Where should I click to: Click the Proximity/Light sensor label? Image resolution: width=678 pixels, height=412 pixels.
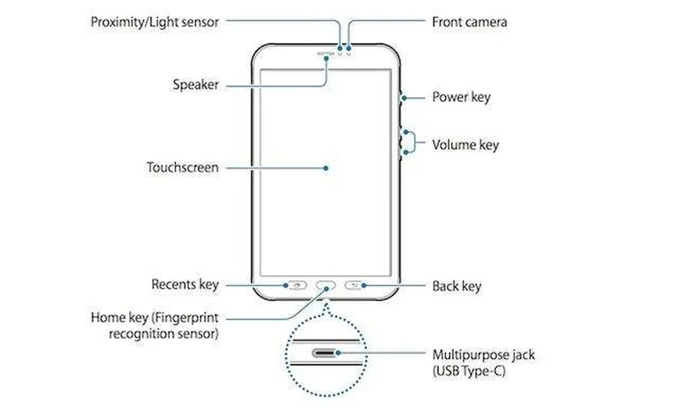[154, 22]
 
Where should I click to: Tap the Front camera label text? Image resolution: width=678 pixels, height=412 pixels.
[469, 22]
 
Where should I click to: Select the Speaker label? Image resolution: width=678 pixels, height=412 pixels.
[195, 85]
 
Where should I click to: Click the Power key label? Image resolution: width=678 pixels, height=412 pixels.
[461, 97]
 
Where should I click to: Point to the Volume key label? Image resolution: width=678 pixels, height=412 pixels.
[465, 144]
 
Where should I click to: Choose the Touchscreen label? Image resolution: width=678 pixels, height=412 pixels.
[182, 168]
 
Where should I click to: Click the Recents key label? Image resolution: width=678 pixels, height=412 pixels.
[185, 285]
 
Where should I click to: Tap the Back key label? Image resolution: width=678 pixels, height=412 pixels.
[456, 286]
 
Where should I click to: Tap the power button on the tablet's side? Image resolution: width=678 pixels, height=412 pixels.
[401, 98]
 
